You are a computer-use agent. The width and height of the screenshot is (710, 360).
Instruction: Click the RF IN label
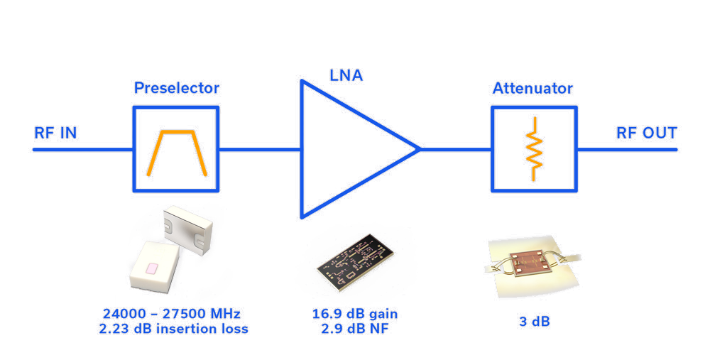coord(55,133)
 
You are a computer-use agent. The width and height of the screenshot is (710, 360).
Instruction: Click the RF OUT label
coord(646,133)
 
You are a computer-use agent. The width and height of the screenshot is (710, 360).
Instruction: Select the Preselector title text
coord(176,89)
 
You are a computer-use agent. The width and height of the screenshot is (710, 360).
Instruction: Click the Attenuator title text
coord(532,89)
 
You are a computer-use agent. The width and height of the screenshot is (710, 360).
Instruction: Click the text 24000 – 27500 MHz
coord(174,314)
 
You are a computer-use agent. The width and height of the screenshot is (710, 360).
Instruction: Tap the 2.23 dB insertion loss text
coord(174,329)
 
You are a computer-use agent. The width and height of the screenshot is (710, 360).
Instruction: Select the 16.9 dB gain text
coord(356,314)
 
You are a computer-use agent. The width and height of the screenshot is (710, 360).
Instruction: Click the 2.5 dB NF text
coord(356,329)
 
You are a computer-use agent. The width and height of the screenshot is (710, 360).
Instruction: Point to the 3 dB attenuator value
coord(533,322)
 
